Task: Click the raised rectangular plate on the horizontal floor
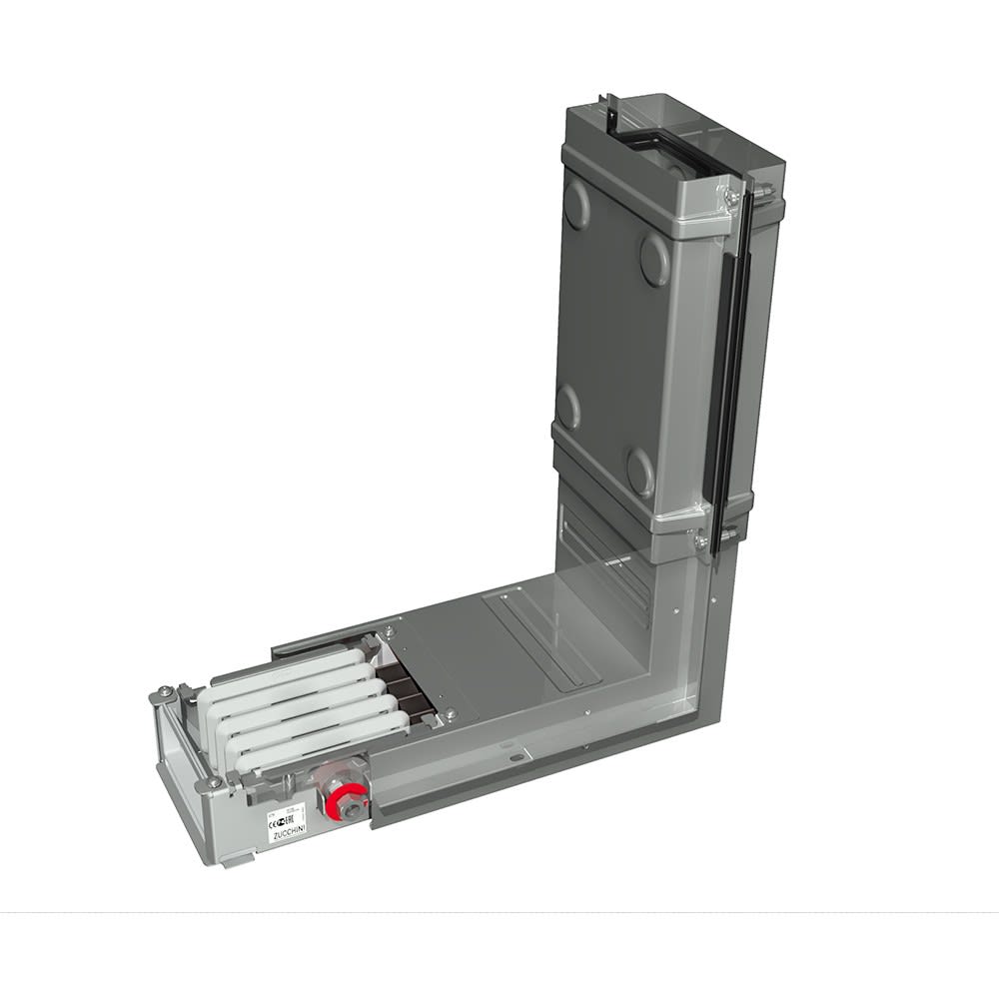(x=544, y=639)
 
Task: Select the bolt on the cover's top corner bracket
(x=733, y=198)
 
